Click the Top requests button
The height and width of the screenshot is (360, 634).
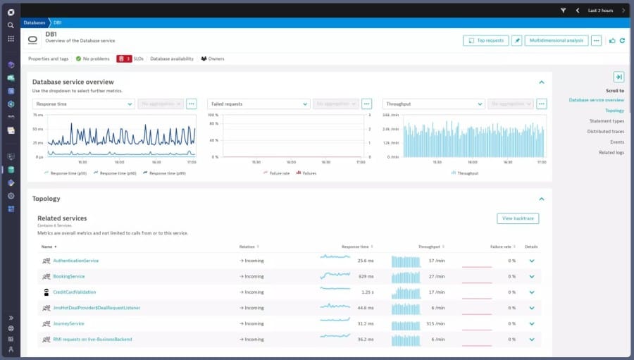coord(485,41)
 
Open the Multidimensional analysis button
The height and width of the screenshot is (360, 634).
coord(556,41)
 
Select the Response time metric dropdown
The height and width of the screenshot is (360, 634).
coord(83,104)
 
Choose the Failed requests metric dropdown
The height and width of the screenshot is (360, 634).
coord(259,104)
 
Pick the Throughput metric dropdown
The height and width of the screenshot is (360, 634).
coord(433,104)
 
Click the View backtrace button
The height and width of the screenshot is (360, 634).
coord(518,218)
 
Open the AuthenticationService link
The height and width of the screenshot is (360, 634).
coord(75,261)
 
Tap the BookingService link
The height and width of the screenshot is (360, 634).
coord(68,276)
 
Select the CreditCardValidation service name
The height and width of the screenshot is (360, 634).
coord(74,292)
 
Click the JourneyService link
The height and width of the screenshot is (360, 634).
coord(68,323)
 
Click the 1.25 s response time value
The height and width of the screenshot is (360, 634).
coord(367,292)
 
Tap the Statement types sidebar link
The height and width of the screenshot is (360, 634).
coord(607,121)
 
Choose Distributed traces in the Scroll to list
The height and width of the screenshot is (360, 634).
coord(606,132)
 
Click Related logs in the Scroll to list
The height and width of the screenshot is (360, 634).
coord(611,152)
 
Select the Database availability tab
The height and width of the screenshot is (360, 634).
coord(172,58)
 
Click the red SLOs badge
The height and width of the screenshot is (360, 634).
coord(130,58)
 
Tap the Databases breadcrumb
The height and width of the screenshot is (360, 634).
coord(35,23)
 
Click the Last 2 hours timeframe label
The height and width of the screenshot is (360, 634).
coord(601,11)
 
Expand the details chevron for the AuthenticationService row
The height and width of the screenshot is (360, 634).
coord(532,261)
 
